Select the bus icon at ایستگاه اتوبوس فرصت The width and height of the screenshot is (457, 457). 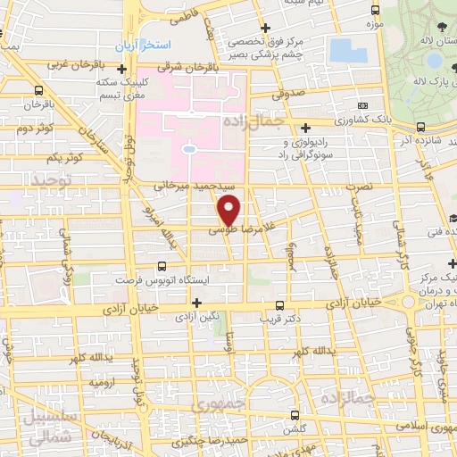point(161,265)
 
